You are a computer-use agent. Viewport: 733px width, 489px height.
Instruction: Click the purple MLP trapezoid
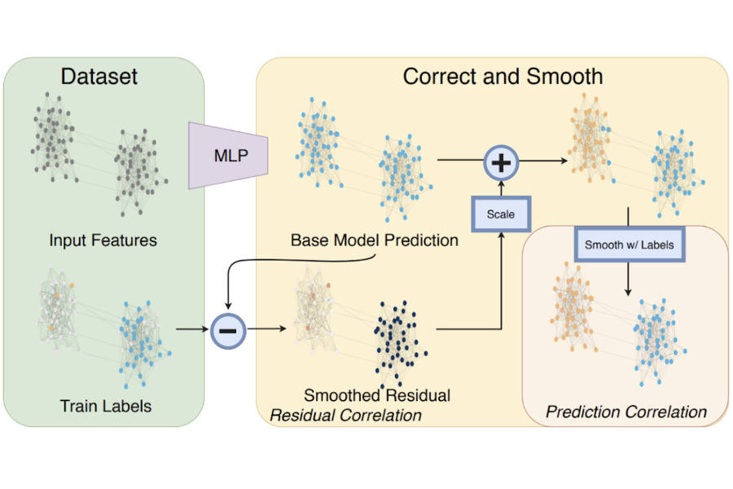point(228,156)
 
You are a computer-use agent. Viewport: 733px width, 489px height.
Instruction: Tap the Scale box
point(501,214)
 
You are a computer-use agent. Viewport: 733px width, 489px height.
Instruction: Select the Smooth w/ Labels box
point(630,244)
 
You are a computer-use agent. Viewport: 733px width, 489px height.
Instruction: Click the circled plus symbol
point(501,163)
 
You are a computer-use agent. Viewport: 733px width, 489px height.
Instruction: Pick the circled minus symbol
point(228,331)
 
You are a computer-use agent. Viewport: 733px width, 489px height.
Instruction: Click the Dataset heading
point(99,77)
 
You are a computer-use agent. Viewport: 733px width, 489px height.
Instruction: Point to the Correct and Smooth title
point(503,77)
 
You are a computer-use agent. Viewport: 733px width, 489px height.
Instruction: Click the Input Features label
point(103,240)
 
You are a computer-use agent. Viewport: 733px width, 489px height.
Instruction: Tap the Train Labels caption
point(106,406)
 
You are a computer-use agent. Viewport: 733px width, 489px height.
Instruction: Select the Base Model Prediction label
point(375,240)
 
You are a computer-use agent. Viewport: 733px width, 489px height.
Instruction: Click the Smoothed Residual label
point(377,395)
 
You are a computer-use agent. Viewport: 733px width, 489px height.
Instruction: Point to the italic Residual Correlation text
point(346,415)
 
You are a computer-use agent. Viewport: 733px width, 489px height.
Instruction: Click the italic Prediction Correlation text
point(626,412)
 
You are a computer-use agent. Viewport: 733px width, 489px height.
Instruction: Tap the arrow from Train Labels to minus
point(192,329)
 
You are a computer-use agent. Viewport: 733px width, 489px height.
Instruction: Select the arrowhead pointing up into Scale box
point(501,235)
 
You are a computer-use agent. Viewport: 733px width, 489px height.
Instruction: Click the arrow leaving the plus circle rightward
point(543,161)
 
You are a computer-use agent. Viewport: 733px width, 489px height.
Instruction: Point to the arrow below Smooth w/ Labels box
point(628,279)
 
